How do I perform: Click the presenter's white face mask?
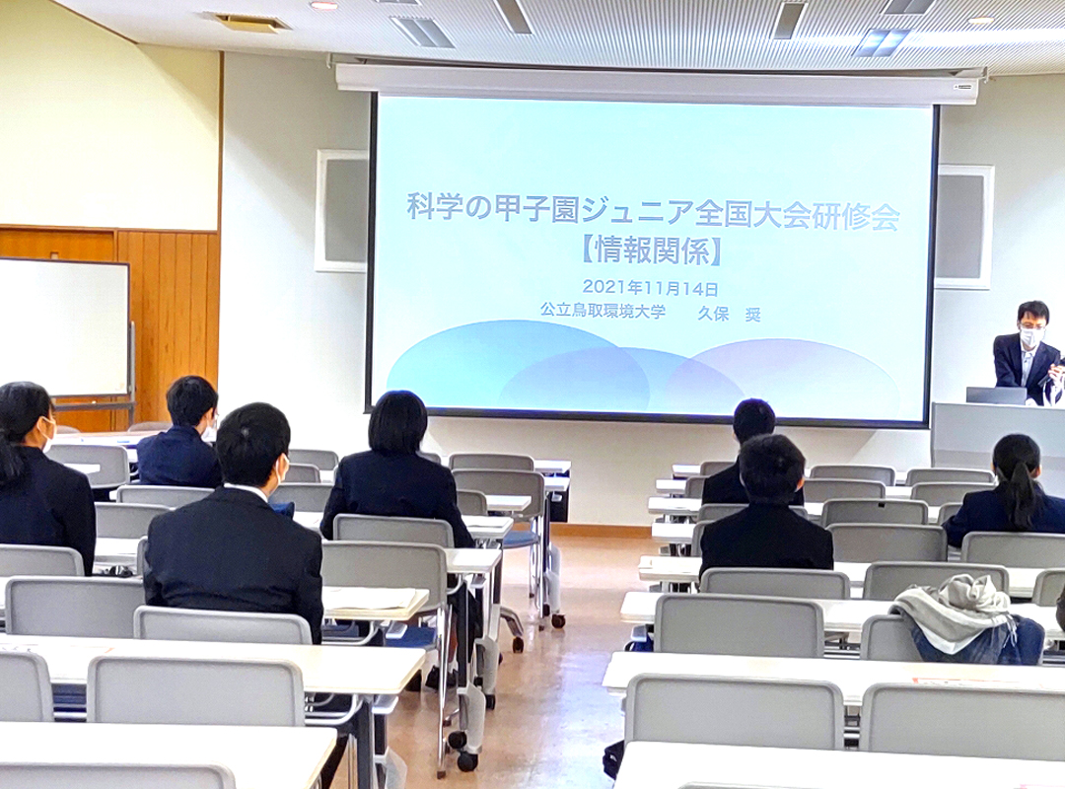coord(1030,337)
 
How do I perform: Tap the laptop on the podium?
coord(995,395)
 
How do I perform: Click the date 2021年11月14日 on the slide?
coord(650,288)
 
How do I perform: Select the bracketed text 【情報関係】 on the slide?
coord(651,250)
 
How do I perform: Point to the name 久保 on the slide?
coord(711,313)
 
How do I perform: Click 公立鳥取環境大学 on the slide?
coord(602,310)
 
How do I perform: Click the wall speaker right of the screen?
coord(963,227)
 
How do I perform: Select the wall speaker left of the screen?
coord(341,210)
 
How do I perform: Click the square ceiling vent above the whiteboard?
coord(247,22)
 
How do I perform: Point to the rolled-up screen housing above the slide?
coord(657,82)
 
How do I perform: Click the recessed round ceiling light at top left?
coord(323,5)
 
